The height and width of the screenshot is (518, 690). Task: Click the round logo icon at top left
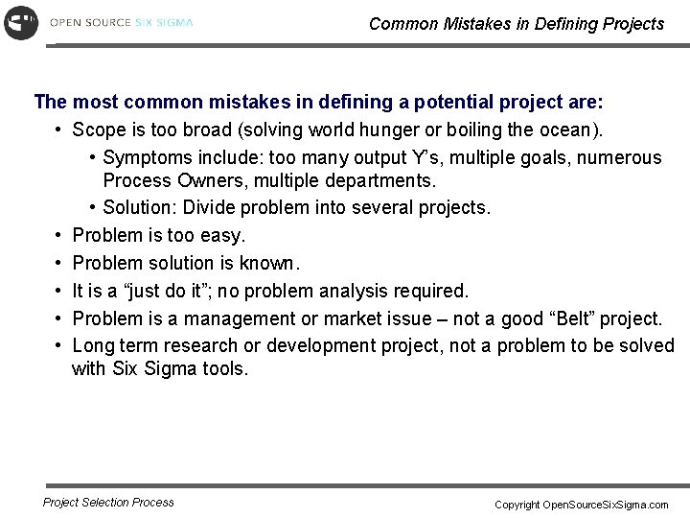[21, 21]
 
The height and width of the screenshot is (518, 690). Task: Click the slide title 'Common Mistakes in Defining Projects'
[516, 24]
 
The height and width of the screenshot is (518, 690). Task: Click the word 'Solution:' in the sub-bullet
[140, 207]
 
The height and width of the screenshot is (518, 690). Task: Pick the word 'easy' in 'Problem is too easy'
[222, 235]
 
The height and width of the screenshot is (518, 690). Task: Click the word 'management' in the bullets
[251, 318]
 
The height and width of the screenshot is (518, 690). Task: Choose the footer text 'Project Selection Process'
[109, 502]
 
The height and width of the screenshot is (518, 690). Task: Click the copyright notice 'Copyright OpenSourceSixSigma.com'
[582, 504]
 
